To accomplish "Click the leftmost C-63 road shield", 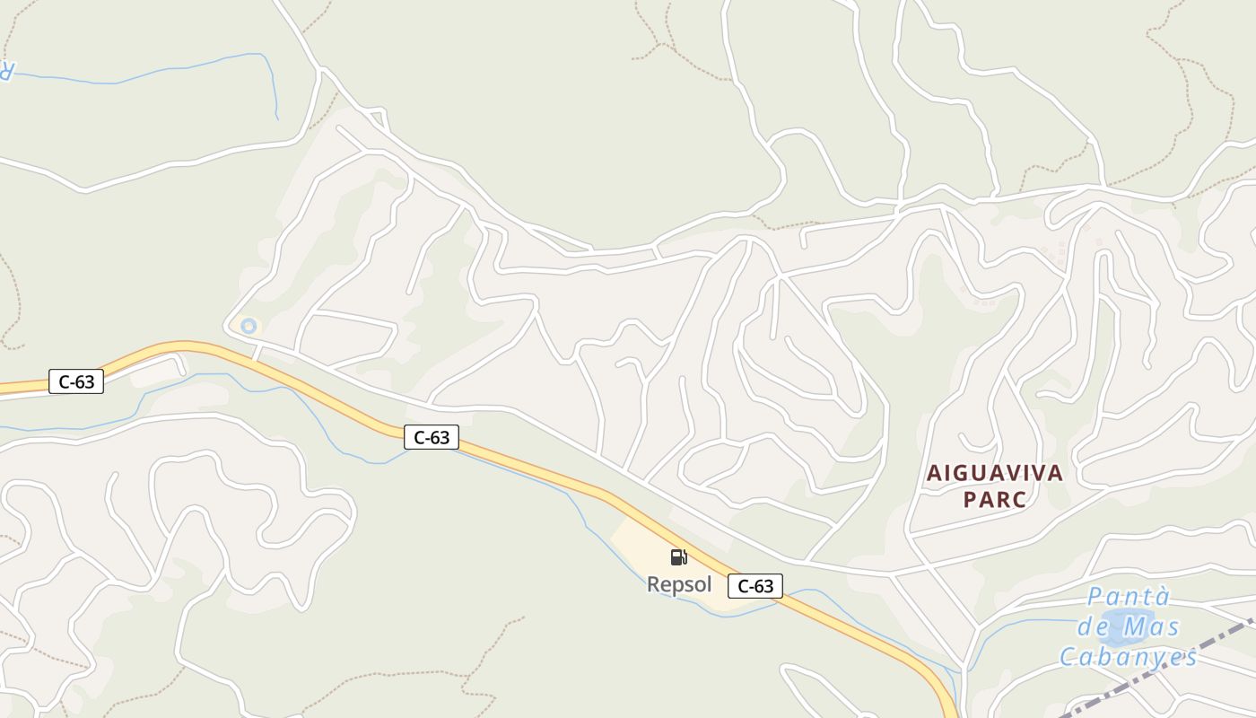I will click(x=76, y=381).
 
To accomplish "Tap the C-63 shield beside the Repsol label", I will click(x=754, y=586).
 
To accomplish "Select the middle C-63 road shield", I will click(x=431, y=437).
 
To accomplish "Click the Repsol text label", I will click(x=679, y=585).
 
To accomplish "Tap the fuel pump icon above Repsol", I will click(x=679, y=557).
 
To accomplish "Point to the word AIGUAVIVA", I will click(x=994, y=473).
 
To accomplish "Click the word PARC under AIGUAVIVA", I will click(x=994, y=500).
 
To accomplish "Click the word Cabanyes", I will click(x=1129, y=657).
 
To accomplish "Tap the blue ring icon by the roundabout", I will click(x=249, y=326).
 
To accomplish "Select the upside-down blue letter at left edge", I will click(x=5, y=69).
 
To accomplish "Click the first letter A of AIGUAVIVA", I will click(x=933, y=473).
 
